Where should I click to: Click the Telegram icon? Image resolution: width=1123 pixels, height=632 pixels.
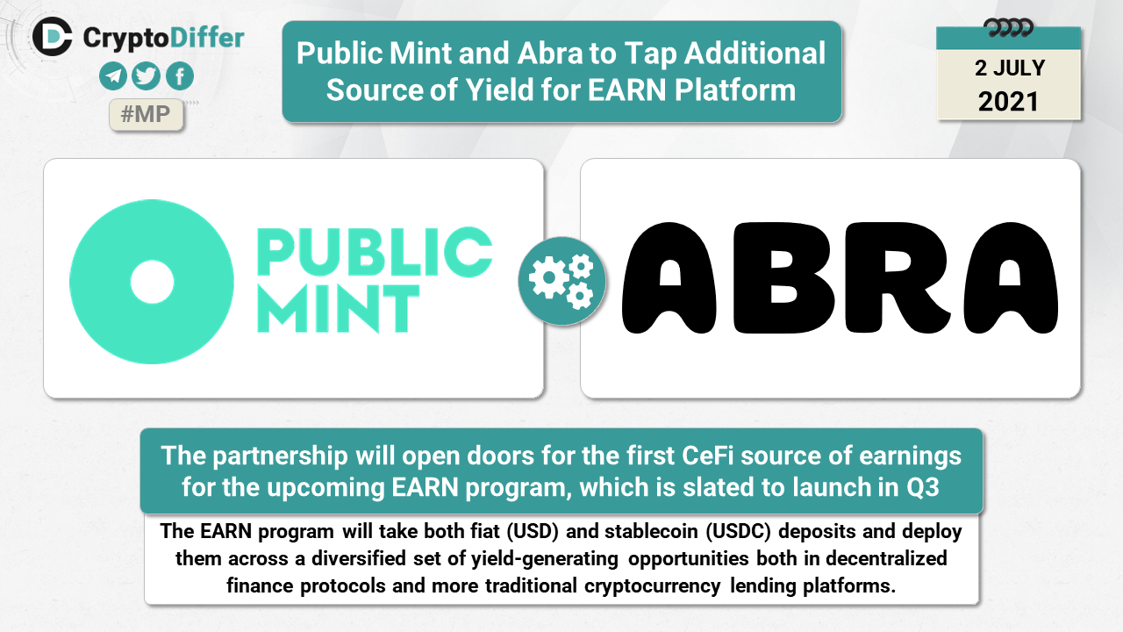[x=113, y=76]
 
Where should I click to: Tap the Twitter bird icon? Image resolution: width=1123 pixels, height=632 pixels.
[x=146, y=76]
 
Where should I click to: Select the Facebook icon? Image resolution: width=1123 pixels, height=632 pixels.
[x=180, y=76]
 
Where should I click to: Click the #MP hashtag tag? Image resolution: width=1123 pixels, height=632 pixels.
[x=146, y=115]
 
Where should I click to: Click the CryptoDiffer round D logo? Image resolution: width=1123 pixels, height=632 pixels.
[x=52, y=37]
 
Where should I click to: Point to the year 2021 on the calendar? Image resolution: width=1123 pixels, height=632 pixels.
[x=1008, y=102]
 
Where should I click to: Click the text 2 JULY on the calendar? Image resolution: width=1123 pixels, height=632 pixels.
[x=1010, y=68]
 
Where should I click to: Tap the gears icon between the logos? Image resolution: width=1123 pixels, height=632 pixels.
[x=562, y=282]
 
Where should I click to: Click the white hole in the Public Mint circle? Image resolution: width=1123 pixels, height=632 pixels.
[x=152, y=282]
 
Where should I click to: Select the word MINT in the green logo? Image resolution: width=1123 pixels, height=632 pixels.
[x=339, y=309]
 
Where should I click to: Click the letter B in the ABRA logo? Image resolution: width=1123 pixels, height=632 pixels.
[x=784, y=278]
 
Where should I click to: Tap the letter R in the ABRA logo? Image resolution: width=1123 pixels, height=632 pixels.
[x=897, y=278]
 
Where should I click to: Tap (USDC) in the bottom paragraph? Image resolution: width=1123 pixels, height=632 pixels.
[x=738, y=531]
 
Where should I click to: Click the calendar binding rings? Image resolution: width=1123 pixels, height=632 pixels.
[x=1008, y=28]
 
